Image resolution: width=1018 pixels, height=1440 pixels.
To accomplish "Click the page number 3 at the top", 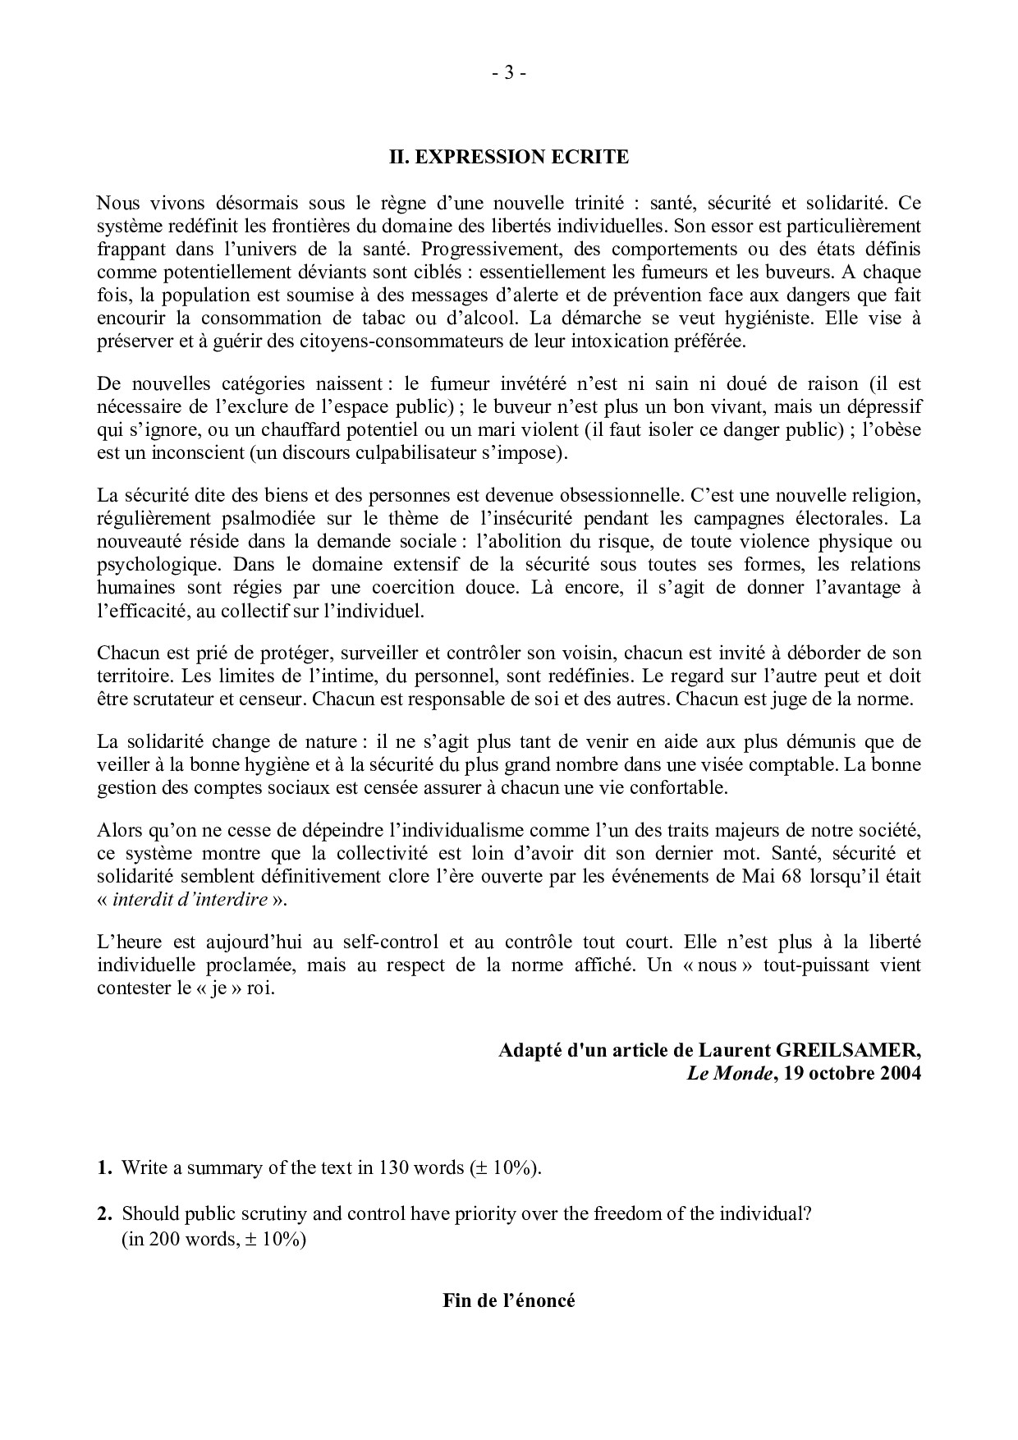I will pyautogui.click(x=508, y=74).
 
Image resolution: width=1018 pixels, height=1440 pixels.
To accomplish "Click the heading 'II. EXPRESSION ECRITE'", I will pyautogui.click(x=508, y=157).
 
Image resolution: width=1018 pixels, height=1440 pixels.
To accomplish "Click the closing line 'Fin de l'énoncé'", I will pyautogui.click(x=508, y=1301).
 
